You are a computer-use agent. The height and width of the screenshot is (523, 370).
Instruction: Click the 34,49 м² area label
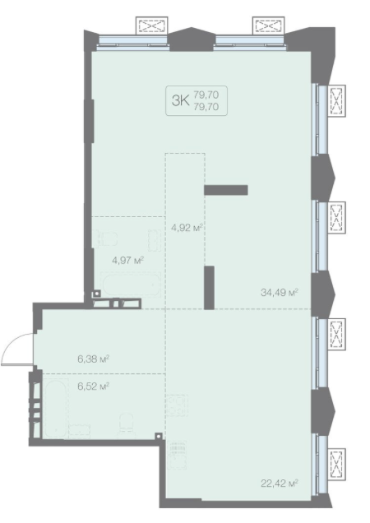[279, 293]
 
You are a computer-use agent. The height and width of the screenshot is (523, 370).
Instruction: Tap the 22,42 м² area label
[279, 483]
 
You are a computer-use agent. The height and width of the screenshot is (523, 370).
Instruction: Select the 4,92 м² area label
[187, 228]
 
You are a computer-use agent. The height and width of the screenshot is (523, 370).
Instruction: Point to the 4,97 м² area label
[127, 260]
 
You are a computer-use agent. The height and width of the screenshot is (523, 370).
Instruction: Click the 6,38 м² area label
[94, 359]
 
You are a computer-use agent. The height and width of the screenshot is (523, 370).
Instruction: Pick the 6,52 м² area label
[94, 386]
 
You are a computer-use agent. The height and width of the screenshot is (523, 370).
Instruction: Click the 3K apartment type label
[181, 100]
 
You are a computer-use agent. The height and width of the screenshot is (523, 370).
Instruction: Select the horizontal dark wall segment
[226, 190]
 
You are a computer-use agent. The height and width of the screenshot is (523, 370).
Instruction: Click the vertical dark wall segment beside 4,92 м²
[209, 288]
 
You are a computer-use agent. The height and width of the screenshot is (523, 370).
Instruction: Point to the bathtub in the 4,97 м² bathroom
[132, 285]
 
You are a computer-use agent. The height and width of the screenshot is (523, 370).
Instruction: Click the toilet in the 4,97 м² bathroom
[106, 238]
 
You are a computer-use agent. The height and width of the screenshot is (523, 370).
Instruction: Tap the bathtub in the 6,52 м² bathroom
[55, 410]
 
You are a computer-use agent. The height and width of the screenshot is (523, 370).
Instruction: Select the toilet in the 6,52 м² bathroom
[127, 425]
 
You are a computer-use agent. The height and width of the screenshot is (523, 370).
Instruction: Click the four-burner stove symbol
[177, 405]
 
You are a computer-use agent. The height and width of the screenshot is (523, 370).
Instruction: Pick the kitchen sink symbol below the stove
[177, 455]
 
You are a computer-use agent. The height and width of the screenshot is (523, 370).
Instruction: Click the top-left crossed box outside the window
[152, 25]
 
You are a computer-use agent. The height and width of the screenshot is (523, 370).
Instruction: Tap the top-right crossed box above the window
[268, 25]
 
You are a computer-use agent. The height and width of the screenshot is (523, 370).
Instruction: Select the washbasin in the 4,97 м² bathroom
[154, 240]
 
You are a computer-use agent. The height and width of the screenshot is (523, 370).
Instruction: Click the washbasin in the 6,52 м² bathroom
[80, 431]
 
